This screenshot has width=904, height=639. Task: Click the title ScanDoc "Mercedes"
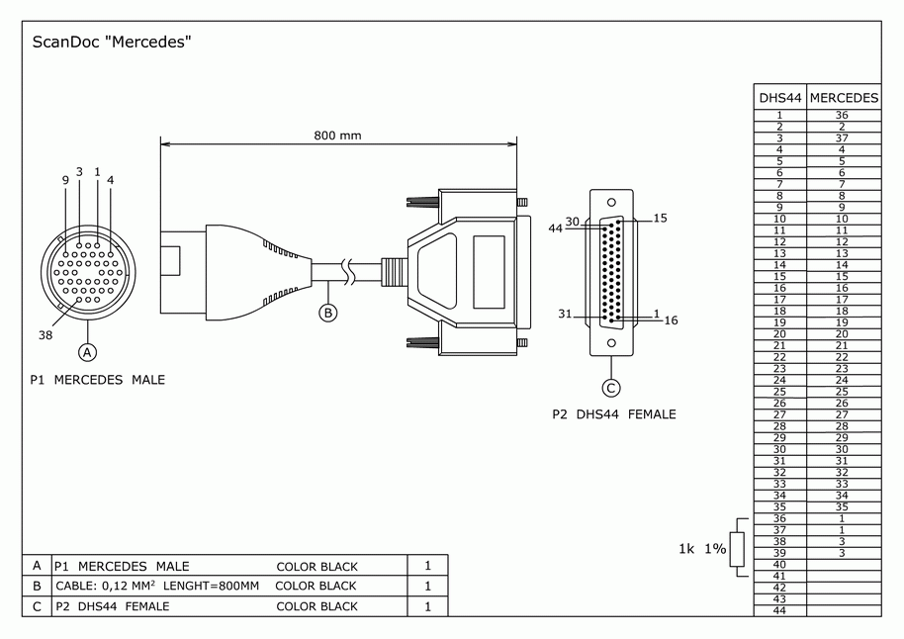coord(111,43)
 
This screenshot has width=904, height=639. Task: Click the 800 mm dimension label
coord(337,135)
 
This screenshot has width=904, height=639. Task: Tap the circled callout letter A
coord(88,351)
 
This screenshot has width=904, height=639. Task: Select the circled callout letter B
coord(327,313)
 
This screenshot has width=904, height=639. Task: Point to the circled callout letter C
coord(611,388)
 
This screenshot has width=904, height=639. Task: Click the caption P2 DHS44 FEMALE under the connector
coord(614,414)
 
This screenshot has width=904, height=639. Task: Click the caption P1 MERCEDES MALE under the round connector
coord(97,380)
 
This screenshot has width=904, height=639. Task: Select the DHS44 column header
coord(779,98)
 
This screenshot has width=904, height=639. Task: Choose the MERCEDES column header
coord(844,98)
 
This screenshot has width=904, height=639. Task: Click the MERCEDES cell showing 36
coord(842,115)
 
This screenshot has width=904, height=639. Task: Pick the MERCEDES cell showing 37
coord(842,138)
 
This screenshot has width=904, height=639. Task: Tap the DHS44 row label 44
coord(779,610)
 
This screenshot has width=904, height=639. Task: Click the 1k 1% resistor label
coord(702,548)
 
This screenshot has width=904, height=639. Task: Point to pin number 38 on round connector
coord(45,334)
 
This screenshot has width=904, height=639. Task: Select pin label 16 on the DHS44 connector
coord(671,320)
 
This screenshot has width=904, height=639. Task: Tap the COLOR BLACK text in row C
coord(316,606)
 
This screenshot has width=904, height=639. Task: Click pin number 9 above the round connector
coord(65,179)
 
